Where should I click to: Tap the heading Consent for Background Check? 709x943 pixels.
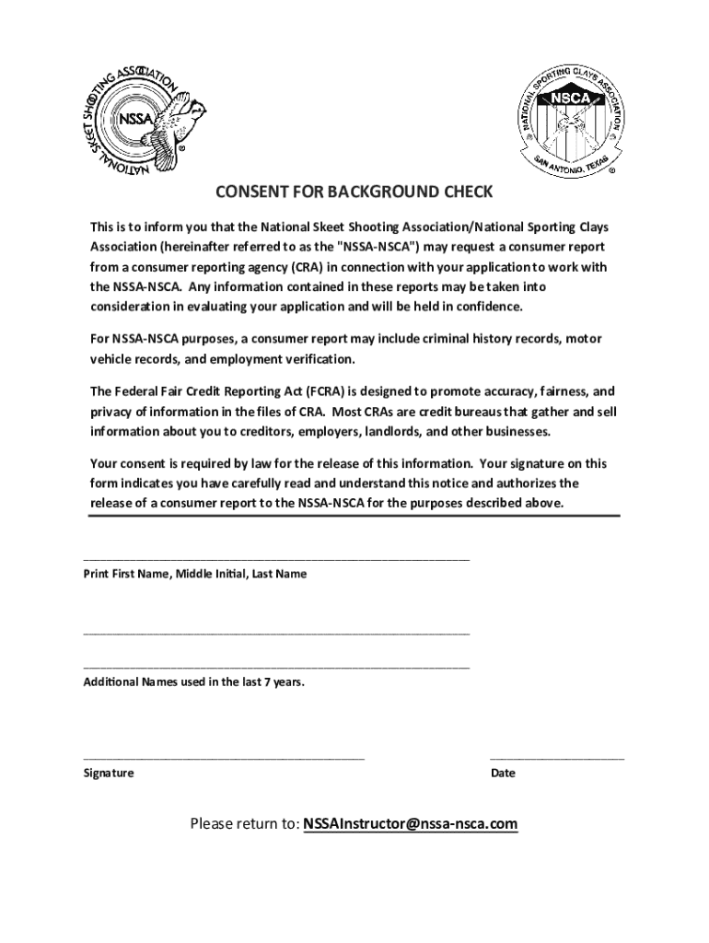354,192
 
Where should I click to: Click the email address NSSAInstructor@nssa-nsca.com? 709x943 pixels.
411,823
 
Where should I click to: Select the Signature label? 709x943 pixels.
109,774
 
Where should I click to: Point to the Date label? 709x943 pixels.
503,774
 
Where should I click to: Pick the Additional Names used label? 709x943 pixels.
193,682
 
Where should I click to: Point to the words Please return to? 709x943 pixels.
244,823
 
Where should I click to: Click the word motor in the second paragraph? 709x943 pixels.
584,339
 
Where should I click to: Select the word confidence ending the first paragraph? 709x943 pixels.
489,306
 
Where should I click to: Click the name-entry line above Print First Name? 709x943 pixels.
276,558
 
